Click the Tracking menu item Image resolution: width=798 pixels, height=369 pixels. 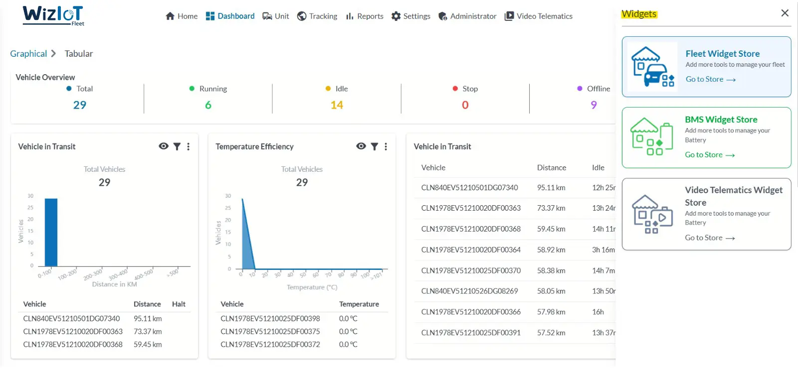[317, 16]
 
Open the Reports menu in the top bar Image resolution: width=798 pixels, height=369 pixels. [365, 16]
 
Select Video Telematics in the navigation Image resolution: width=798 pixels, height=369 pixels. [539, 16]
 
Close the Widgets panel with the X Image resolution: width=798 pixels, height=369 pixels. [785, 13]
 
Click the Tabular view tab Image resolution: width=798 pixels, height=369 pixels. [79, 54]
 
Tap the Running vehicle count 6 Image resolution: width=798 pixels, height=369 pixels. [208, 105]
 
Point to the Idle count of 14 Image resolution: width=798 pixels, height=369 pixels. [337, 105]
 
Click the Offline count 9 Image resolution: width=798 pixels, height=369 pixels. [594, 105]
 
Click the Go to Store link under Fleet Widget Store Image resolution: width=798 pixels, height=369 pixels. [710, 79]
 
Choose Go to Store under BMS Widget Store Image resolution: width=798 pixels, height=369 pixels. [709, 155]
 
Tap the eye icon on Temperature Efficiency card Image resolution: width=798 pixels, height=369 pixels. [361, 146]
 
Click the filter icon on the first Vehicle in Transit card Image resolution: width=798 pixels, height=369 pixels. [177, 146]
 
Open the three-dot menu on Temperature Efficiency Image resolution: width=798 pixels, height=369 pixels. [386, 146]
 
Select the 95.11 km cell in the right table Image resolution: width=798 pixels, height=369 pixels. [551, 188]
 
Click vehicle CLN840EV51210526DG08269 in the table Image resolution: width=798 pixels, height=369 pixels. [469, 291]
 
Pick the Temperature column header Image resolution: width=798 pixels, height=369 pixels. [359, 304]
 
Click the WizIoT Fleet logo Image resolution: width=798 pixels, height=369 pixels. [53, 15]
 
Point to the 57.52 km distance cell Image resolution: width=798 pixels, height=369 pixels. [551, 333]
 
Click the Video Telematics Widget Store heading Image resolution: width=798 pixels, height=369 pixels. [733, 196]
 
